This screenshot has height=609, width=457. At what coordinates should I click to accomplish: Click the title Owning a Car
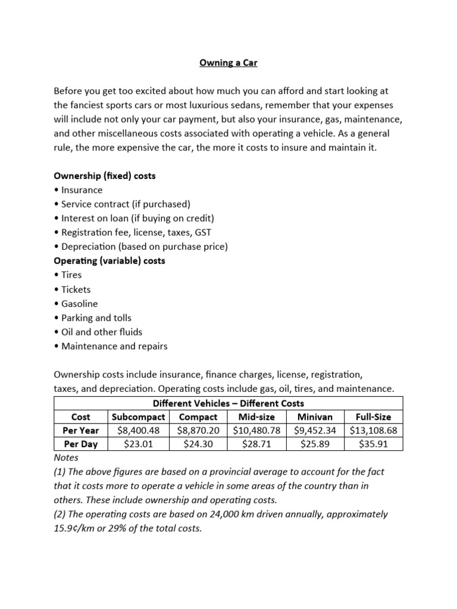pos(228,62)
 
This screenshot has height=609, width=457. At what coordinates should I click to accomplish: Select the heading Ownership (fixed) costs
pos(105,176)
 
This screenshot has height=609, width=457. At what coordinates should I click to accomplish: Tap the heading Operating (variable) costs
pos(109,260)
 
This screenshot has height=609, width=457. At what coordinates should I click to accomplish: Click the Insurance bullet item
pos(81,190)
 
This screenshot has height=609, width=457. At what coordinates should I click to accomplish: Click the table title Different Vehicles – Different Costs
pos(228,403)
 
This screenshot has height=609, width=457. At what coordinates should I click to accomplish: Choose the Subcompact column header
pos(138,417)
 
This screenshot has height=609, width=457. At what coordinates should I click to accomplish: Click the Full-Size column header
pos(373,417)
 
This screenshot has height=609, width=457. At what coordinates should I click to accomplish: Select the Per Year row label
pos(81,430)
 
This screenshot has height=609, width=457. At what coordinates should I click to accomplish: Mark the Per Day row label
pos(81,444)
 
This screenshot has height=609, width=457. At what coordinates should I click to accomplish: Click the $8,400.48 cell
pos(138,430)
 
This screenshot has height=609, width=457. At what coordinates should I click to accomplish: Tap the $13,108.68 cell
pos(373,430)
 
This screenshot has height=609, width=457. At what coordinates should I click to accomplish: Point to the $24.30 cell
pos(198,444)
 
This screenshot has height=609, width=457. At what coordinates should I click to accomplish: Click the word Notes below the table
pos(66,458)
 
